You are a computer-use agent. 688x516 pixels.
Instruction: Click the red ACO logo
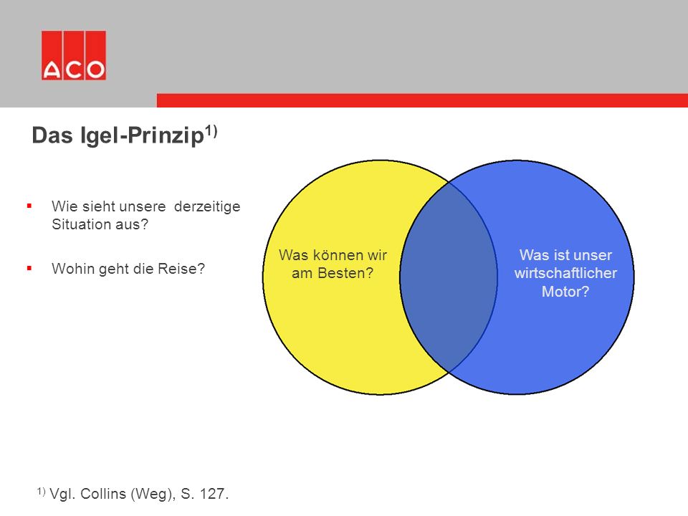(x=74, y=55)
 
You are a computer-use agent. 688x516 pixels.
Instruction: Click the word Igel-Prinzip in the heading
(x=142, y=135)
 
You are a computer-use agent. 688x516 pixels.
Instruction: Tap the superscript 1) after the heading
(x=211, y=130)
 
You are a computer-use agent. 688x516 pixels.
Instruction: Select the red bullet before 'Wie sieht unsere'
(x=29, y=206)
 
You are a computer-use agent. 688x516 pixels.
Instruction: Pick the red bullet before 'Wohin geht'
(x=29, y=268)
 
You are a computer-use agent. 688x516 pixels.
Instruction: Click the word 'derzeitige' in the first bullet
(x=207, y=206)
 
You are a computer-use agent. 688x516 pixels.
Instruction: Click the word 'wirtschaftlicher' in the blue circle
(x=565, y=273)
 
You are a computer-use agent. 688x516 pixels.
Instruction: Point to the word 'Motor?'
(x=565, y=292)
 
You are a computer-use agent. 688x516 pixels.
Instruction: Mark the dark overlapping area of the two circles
(x=448, y=277)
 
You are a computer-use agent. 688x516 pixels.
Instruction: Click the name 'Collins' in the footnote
(x=103, y=494)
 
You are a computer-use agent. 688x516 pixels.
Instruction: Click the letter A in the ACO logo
(x=52, y=70)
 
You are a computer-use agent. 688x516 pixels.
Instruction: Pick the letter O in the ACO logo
(x=95, y=70)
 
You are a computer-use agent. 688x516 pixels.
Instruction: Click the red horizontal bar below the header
(x=422, y=100)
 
